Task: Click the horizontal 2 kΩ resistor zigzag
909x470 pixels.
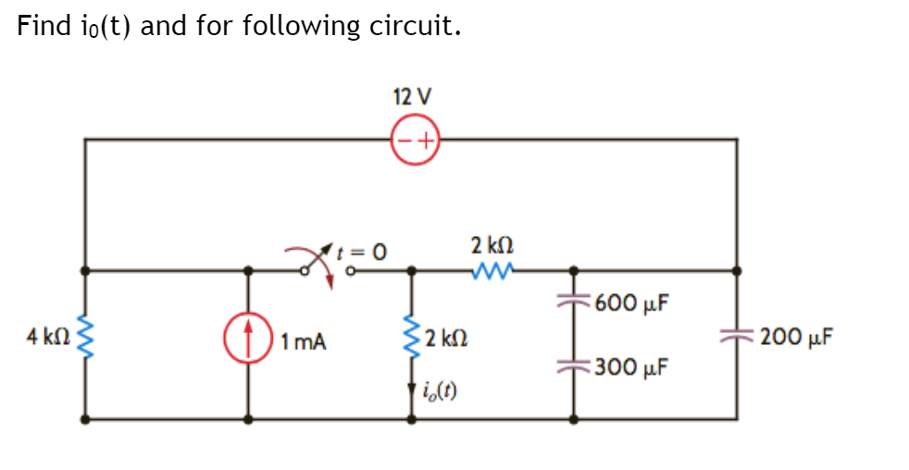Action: (x=491, y=271)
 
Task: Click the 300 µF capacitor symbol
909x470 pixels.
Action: (x=573, y=365)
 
